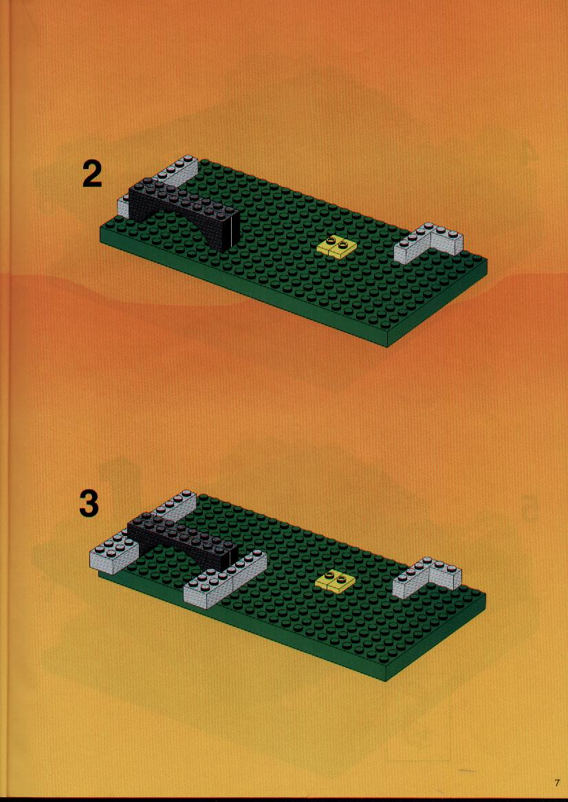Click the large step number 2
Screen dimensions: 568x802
click(92, 175)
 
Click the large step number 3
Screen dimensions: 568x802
click(89, 504)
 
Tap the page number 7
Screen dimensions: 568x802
click(557, 782)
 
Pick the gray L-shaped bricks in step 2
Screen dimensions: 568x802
click(429, 244)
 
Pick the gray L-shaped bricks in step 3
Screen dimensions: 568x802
click(427, 578)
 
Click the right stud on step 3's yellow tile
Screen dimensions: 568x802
click(341, 580)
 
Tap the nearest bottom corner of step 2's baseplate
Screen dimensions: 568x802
click(387, 347)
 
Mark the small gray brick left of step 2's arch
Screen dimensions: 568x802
click(123, 205)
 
